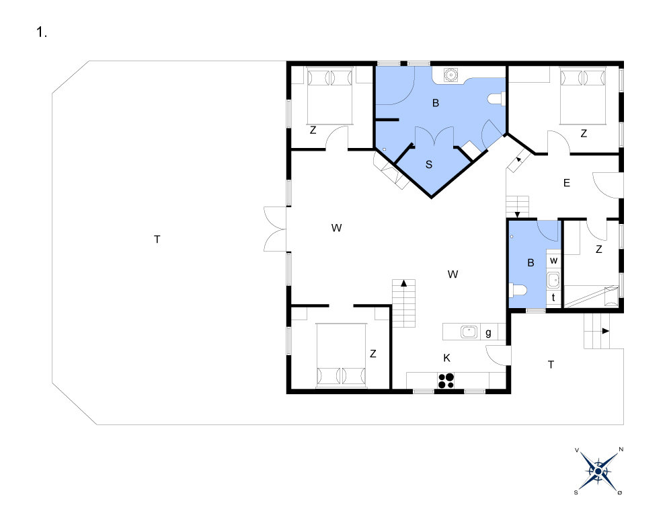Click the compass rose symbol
tap(598, 471)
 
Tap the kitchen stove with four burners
tap(446, 380)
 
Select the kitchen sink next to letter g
tap(469, 332)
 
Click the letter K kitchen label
tap(446, 359)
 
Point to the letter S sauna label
tap(429, 165)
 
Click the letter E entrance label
tap(567, 183)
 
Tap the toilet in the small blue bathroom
tap(518, 291)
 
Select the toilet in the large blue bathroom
tap(496, 99)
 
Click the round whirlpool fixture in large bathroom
tap(450, 75)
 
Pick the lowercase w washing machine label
tap(553, 260)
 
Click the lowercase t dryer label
tap(553, 297)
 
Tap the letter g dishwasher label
tap(488, 333)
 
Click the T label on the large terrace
tap(157, 239)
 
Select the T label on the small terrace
tap(551, 365)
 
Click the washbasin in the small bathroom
tap(553, 281)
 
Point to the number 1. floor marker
tap(41, 32)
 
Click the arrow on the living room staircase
tap(403, 283)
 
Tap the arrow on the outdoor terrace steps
tap(605, 331)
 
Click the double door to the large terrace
tap(275, 229)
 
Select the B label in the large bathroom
tap(435, 103)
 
